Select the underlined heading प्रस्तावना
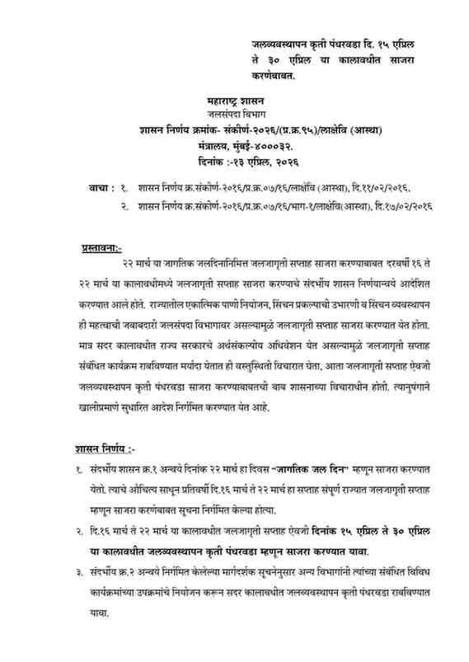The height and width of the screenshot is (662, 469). click(x=101, y=246)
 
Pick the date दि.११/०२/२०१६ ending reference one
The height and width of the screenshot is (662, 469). click(x=372, y=187)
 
